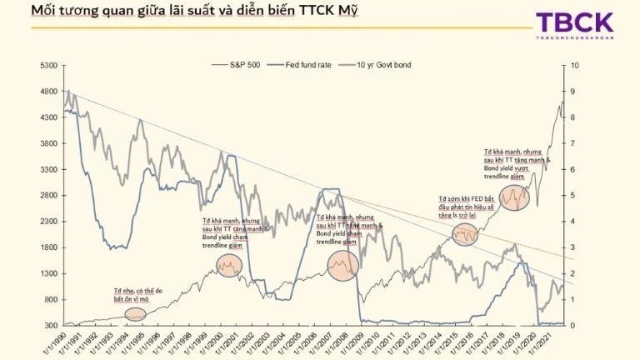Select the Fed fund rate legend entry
point(307,65)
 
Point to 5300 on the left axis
point(47,65)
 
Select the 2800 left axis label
point(47,195)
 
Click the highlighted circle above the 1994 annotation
point(135,314)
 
